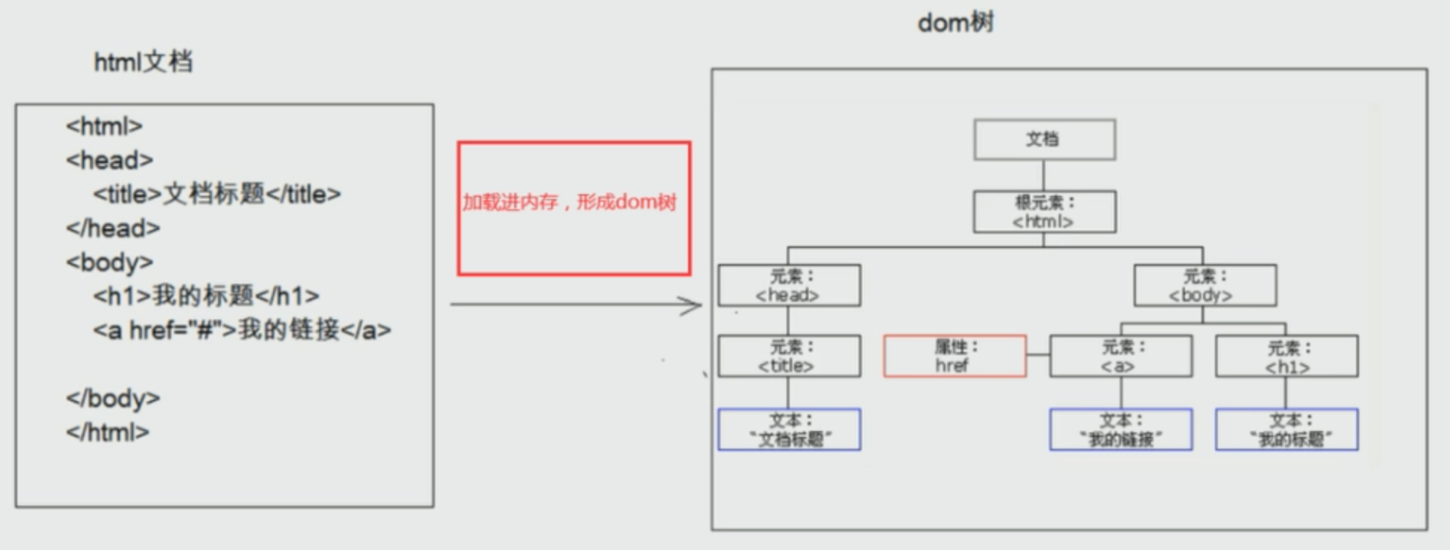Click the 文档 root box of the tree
point(1044,139)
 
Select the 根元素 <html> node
point(1044,212)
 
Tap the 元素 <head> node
point(789,286)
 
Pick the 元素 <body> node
point(1204,286)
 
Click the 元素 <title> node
point(789,356)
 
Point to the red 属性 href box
point(955,356)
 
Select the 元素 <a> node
point(1120,356)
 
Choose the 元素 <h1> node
point(1286,356)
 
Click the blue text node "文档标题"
point(789,429)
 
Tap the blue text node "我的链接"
point(1120,429)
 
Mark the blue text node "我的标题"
point(1286,429)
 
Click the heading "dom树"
point(955,23)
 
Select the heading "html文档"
point(143,62)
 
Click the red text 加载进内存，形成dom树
point(569,202)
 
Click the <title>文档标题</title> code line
point(216,194)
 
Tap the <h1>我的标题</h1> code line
point(206,296)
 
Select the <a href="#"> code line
point(242,330)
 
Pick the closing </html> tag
point(107,432)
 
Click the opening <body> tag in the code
point(109,262)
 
